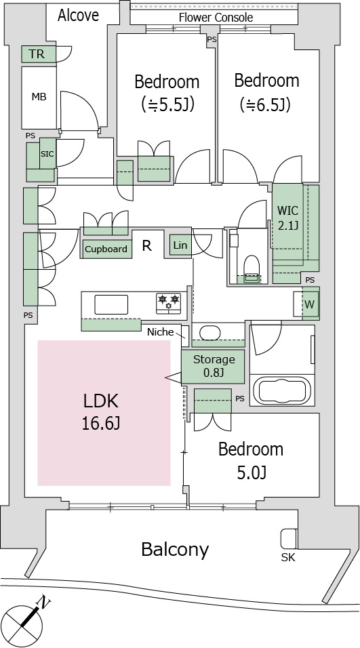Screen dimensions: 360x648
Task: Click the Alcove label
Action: [78, 16]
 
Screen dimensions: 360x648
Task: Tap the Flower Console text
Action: [216, 18]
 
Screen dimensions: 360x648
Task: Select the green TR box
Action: [39, 54]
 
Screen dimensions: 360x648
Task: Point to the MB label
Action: [39, 97]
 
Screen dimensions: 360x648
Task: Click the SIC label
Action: [47, 153]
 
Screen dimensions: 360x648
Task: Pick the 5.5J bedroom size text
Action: [167, 104]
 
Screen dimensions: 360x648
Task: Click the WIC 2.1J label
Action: [287, 217]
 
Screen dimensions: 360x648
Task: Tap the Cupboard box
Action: [106, 249]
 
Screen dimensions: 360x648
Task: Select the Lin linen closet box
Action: [180, 245]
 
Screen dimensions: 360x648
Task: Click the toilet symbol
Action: [252, 268]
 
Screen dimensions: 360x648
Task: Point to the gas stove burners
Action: [168, 302]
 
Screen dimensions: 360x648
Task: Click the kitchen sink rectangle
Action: [112, 304]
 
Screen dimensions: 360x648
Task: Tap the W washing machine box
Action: [310, 304]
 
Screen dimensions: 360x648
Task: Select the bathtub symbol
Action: [282, 390]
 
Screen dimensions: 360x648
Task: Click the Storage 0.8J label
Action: [214, 366]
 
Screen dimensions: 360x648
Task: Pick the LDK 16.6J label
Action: [101, 411]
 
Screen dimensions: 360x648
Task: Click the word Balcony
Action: [175, 550]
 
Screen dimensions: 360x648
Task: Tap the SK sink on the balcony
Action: [288, 539]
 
